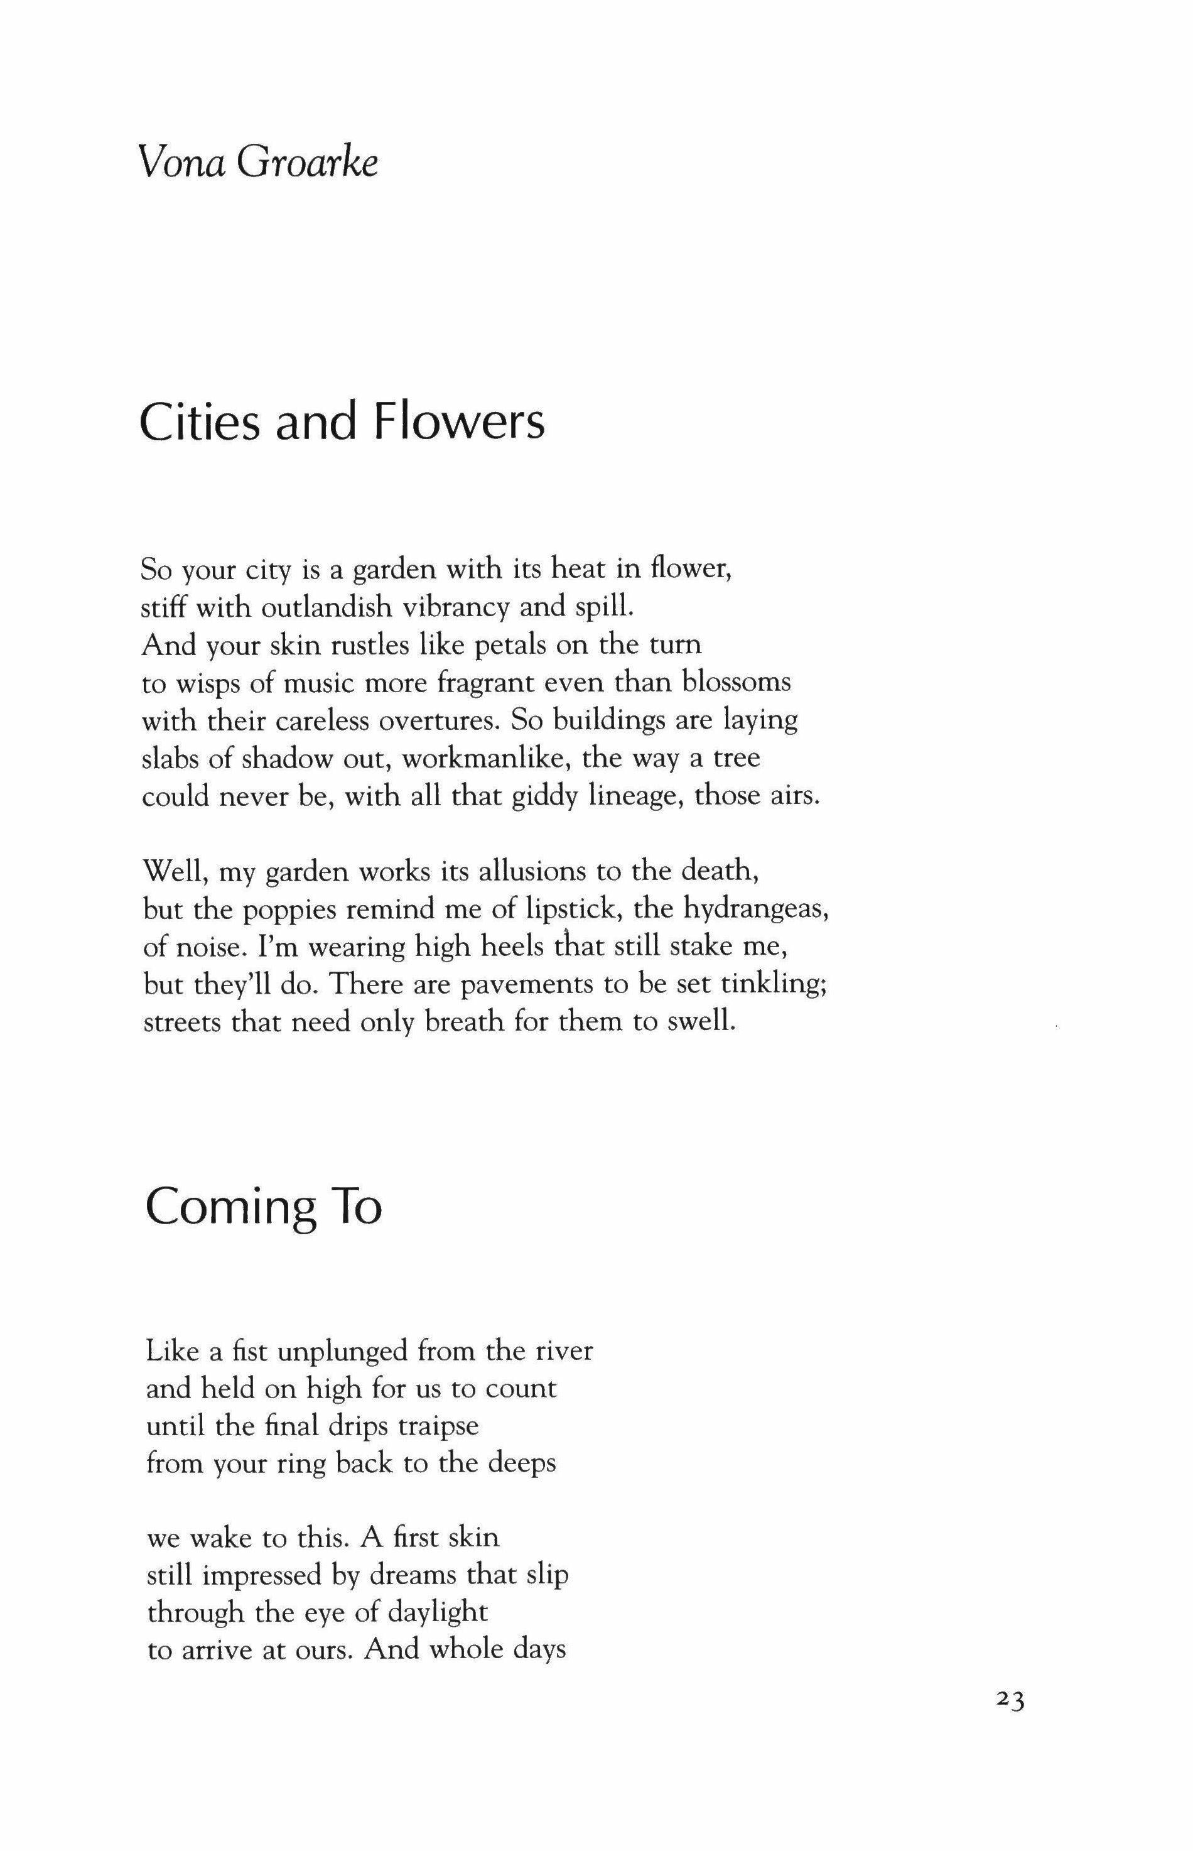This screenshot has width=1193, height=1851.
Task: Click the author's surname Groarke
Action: pos(308,165)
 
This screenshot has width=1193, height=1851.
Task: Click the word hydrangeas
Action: pos(756,909)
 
